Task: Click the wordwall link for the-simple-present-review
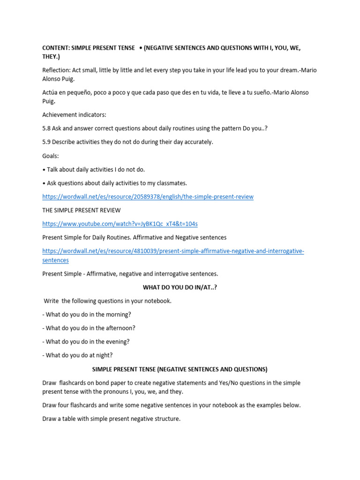148,197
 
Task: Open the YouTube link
120,224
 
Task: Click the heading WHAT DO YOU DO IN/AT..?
180,287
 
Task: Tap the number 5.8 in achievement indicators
47,128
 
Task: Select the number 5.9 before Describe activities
47,142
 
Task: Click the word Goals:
51,156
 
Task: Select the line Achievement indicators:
74,115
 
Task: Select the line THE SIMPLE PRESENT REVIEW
81,210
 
